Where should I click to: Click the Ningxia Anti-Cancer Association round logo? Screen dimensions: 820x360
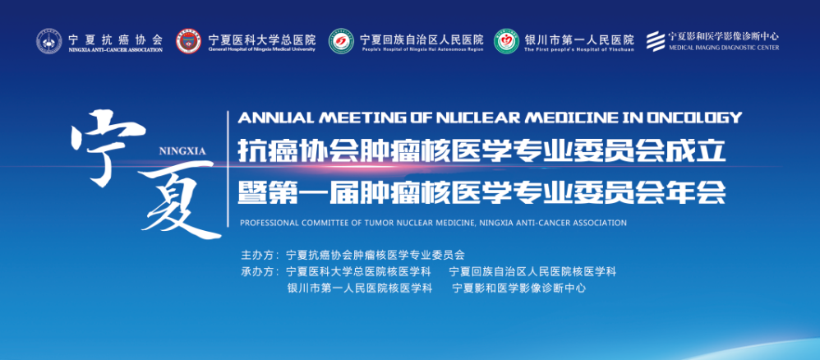(48, 41)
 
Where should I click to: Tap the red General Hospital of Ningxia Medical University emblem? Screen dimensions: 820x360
(188, 41)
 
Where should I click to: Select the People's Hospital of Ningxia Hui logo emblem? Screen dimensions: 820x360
(341, 41)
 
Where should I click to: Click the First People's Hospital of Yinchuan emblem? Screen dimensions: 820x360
(507, 41)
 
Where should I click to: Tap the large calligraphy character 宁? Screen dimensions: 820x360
(108, 148)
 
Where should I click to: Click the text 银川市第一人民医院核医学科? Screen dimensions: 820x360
(360, 288)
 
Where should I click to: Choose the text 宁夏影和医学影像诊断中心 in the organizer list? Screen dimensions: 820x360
(518, 288)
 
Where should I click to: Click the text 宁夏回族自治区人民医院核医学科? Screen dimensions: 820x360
(533, 272)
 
